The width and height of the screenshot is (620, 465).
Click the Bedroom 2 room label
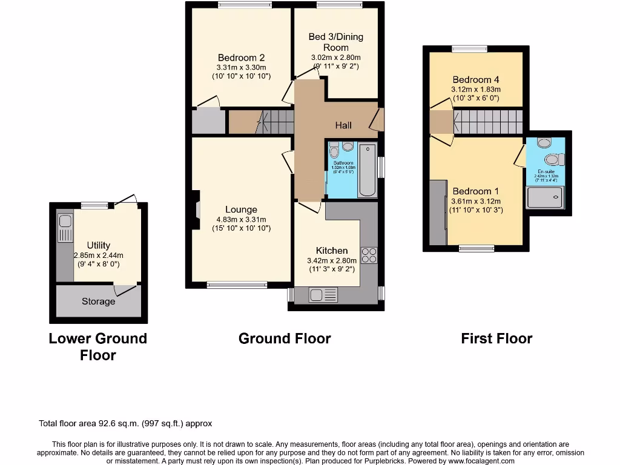pos(241,58)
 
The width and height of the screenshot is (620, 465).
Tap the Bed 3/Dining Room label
pos(335,42)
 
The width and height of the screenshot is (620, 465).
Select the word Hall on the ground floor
pos(343,125)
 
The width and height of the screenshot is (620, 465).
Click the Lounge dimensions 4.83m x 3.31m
pos(241,219)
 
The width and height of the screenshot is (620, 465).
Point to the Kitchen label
pos(332,250)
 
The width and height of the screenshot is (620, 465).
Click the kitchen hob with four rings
pos(369,256)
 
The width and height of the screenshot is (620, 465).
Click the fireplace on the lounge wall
pos(196,209)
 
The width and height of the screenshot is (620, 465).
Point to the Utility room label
pos(98,245)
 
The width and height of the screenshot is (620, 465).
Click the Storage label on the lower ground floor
pos(98,301)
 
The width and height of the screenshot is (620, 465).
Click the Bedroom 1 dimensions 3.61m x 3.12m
pos(477,201)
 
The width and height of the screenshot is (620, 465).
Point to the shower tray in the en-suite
pos(545,197)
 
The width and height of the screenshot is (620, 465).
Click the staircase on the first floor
pos(487,122)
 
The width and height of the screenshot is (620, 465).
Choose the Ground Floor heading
pos(285,338)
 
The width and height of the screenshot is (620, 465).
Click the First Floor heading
pos(496,338)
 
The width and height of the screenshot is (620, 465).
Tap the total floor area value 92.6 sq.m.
pos(137,424)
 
